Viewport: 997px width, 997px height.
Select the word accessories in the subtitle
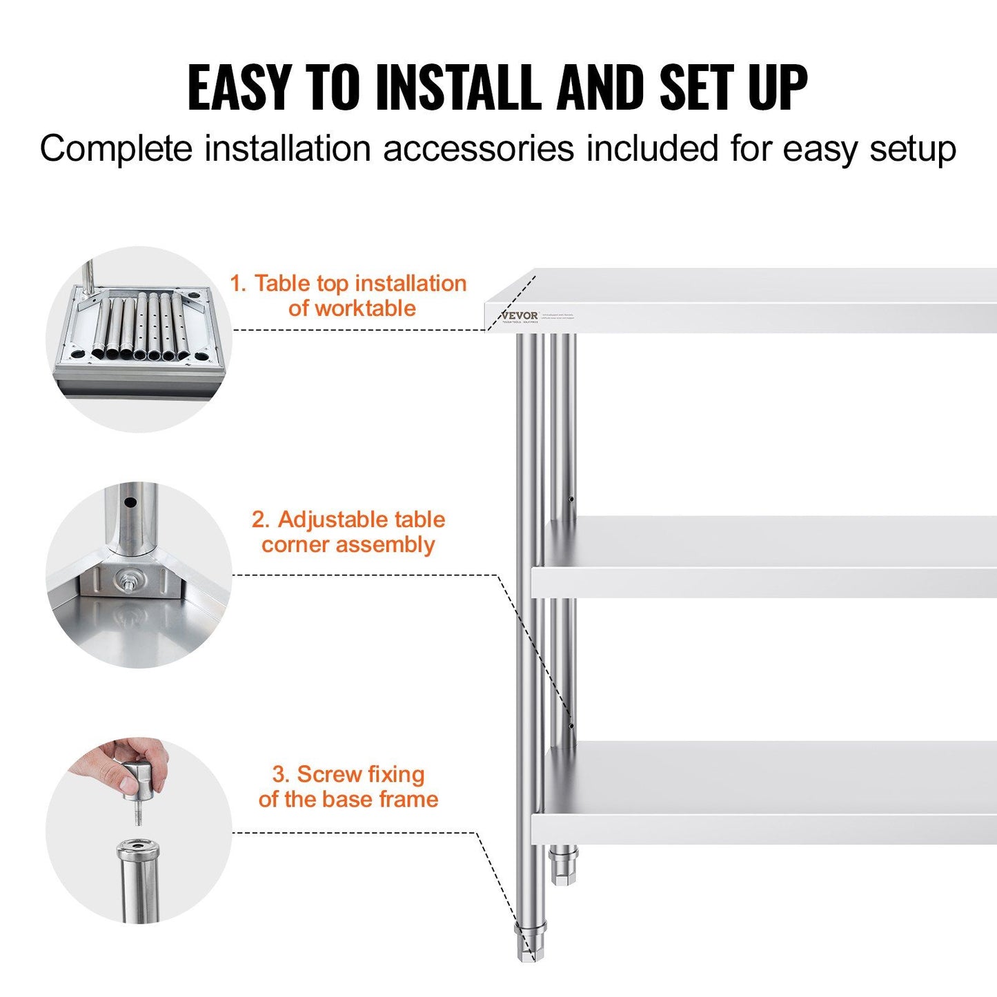[x=478, y=149]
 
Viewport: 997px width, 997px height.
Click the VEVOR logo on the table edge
[x=520, y=315]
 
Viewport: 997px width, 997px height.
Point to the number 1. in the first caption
[x=238, y=284]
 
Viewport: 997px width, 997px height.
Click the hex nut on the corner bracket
[x=128, y=578]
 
